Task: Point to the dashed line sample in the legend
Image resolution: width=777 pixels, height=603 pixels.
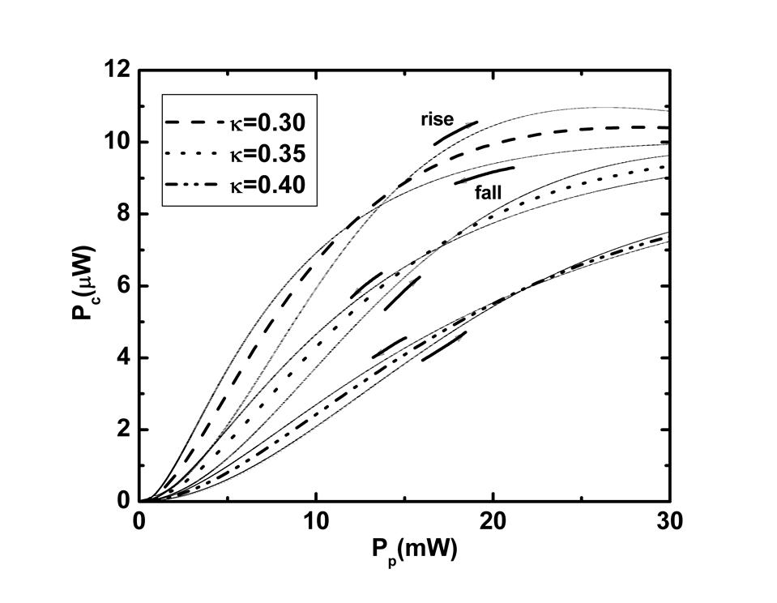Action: (194, 123)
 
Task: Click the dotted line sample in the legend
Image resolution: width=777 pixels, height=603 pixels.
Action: (194, 154)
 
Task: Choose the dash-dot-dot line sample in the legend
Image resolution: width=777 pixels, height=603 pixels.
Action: (194, 185)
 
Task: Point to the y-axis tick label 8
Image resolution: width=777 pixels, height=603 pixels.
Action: (124, 214)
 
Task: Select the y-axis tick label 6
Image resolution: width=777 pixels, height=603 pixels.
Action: (124, 286)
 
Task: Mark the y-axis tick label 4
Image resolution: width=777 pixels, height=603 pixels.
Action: (124, 357)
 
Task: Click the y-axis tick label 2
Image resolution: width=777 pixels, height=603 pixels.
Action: (124, 430)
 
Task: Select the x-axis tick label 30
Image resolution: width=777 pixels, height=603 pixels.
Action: (668, 520)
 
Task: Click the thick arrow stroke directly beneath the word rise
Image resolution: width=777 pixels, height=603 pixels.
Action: (455, 132)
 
